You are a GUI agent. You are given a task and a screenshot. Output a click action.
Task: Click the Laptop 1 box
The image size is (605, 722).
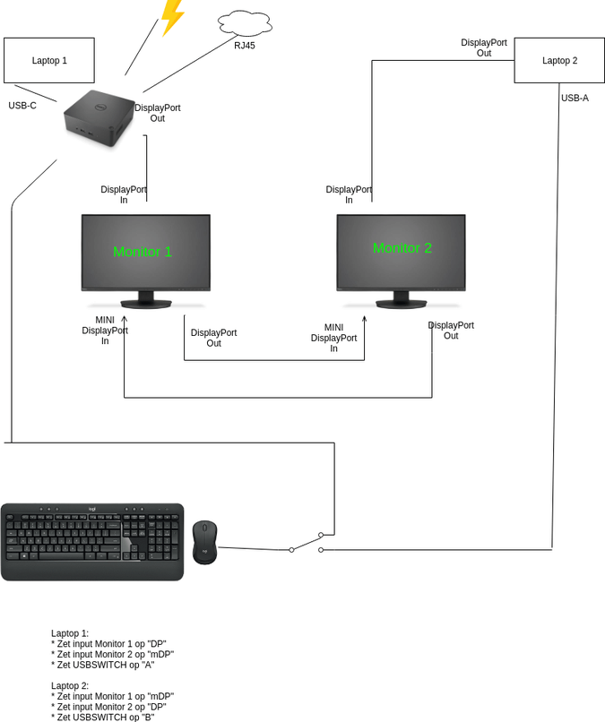tap(49, 60)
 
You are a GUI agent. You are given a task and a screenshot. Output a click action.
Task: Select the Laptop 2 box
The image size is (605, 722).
tap(559, 61)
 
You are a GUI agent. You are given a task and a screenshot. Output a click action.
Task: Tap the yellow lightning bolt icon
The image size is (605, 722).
tap(170, 16)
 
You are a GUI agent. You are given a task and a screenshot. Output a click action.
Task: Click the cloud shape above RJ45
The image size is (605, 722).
tap(244, 21)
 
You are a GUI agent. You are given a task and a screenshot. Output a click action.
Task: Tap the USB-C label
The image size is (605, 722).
tap(22, 105)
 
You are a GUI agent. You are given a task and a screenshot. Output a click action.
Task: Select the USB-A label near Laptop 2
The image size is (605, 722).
tap(575, 98)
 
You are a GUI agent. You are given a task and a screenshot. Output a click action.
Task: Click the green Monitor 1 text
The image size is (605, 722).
tap(143, 252)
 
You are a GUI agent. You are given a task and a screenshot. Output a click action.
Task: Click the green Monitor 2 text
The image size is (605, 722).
tap(402, 247)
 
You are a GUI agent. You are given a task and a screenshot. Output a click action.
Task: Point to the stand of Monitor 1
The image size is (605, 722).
tap(145, 299)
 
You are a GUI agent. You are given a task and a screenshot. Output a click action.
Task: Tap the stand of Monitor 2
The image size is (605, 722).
tap(401, 299)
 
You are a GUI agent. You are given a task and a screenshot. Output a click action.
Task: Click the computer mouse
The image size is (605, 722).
tap(204, 542)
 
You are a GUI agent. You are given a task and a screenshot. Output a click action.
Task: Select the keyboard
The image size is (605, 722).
tap(92, 541)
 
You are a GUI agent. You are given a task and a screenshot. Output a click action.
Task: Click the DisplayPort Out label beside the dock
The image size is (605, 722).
tap(157, 113)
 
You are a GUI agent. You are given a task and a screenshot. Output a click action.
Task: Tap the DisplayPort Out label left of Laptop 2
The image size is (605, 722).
tap(484, 47)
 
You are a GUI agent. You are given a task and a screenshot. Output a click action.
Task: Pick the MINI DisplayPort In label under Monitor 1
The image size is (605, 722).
tap(105, 330)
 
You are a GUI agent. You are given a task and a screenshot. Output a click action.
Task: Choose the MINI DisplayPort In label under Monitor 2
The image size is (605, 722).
tap(333, 338)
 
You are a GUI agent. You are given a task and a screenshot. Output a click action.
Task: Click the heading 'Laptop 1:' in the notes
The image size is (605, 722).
tap(70, 633)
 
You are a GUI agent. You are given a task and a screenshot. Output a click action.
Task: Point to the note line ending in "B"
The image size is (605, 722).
tap(110, 717)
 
